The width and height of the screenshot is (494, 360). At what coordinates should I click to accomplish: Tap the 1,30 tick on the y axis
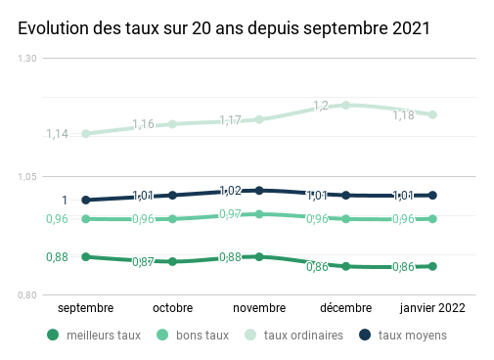(x=27, y=59)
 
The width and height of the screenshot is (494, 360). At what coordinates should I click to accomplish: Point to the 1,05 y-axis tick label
(x=27, y=177)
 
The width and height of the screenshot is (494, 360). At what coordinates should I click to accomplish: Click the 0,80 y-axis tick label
(x=27, y=294)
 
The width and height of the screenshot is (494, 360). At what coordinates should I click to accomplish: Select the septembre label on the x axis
(x=86, y=307)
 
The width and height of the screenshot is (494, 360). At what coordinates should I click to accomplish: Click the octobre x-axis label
(x=172, y=307)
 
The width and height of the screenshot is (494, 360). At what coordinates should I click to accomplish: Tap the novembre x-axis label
(x=258, y=307)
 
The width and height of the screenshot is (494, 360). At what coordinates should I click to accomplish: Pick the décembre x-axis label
(x=345, y=307)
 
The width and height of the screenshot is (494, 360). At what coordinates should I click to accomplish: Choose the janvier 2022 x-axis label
(x=431, y=307)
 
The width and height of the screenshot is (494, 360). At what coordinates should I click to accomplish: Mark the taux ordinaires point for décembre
(x=345, y=105)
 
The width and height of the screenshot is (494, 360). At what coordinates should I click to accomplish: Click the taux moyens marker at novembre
(x=258, y=190)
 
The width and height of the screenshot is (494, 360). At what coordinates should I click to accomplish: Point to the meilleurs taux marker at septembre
(x=86, y=256)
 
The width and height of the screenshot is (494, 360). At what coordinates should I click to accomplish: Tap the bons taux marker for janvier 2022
(x=431, y=219)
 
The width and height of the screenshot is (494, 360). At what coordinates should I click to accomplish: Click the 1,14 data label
(x=58, y=134)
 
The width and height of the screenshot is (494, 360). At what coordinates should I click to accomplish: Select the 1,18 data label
(x=403, y=115)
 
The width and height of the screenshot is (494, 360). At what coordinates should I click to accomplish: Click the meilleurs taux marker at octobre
(x=172, y=261)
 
